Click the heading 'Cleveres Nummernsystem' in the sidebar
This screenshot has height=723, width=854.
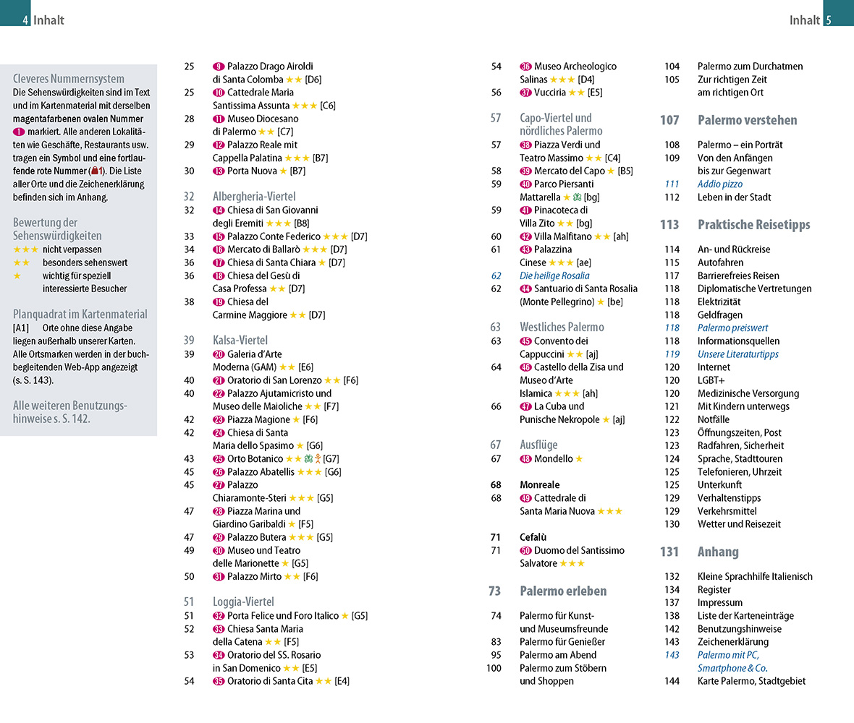click(x=69, y=79)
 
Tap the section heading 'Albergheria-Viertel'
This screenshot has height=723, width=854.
click(x=254, y=197)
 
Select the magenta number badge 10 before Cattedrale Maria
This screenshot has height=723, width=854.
click(x=219, y=93)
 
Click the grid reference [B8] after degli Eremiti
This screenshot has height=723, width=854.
click(x=303, y=223)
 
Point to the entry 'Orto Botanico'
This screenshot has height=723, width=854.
click(x=255, y=458)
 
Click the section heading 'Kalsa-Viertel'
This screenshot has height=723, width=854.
click(x=240, y=341)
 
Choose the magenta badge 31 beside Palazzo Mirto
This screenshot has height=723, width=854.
click(x=219, y=577)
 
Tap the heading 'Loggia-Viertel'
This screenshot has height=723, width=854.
click(x=243, y=602)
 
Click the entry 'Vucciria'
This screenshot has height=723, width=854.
click(x=550, y=93)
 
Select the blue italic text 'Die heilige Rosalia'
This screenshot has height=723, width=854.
click(x=554, y=275)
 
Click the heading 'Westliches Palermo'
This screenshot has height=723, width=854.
click(x=562, y=328)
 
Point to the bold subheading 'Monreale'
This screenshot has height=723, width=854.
click(x=539, y=484)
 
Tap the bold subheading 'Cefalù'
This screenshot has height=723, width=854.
click(x=533, y=537)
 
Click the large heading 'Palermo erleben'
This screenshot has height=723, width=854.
click(x=563, y=591)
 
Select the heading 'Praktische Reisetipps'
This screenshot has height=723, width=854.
click(x=753, y=225)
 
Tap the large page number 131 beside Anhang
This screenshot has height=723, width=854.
click(x=669, y=552)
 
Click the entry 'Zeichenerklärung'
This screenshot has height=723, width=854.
click(x=733, y=642)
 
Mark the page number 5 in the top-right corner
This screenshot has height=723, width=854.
click(x=829, y=20)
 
